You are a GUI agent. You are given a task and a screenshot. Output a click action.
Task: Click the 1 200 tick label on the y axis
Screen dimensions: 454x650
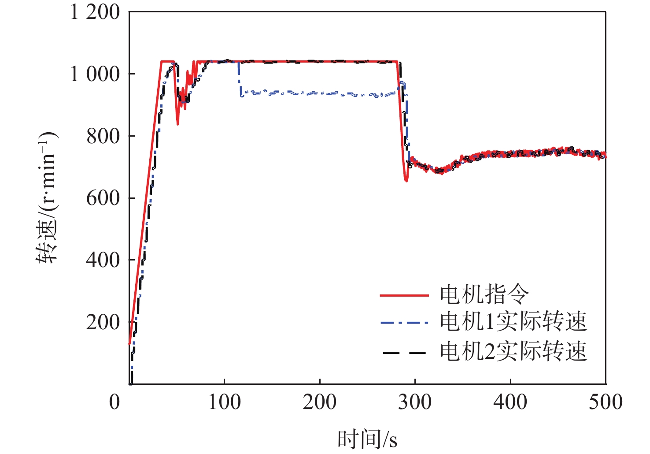pyautogui.click(x=95, y=12)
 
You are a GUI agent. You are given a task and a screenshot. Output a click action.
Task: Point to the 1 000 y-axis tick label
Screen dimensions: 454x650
pyautogui.click(x=95, y=74)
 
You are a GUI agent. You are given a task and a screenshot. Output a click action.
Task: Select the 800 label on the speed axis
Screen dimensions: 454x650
pyautogui.click(x=103, y=136)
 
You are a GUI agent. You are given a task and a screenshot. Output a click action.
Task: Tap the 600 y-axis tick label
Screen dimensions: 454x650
pyautogui.click(x=103, y=198)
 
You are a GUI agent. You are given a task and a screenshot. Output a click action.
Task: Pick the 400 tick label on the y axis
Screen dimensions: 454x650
pyautogui.click(x=103, y=260)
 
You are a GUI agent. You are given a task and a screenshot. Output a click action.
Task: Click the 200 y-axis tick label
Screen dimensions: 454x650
pyautogui.click(x=103, y=323)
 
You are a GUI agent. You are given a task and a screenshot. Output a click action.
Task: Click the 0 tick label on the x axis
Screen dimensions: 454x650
pyautogui.click(x=114, y=402)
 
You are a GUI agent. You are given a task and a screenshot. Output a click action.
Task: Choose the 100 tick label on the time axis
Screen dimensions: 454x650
pyautogui.click(x=224, y=402)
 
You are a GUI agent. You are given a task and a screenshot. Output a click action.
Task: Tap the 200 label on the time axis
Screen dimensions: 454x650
pyautogui.click(x=320, y=402)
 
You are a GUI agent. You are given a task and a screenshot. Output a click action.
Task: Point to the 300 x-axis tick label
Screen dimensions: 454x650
pyautogui.click(x=415, y=402)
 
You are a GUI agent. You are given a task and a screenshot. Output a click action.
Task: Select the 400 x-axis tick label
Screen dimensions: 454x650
pyautogui.click(x=510, y=402)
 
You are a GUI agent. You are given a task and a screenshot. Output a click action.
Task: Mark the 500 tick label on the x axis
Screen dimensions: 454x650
pyautogui.click(x=606, y=402)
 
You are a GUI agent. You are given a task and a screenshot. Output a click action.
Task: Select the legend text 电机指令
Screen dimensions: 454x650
pyautogui.click(x=484, y=294)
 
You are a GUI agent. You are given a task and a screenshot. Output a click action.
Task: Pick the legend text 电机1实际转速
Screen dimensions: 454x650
pyautogui.click(x=513, y=322)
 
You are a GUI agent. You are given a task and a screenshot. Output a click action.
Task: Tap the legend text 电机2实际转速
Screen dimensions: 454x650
pyautogui.click(x=513, y=352)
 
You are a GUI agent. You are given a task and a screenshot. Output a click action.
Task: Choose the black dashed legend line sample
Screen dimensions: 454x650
pyautogui.click(x=404, y=353)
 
